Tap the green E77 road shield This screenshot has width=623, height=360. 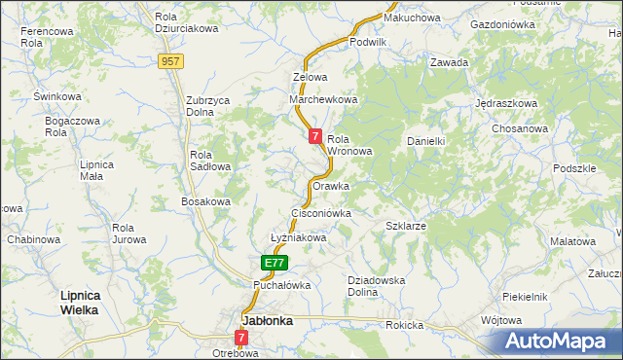point(275,263)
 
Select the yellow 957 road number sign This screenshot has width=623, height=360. point(171,61)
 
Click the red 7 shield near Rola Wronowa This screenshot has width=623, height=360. point(315,137)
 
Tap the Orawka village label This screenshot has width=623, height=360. point(331,185)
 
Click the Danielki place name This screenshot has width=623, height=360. point(425,141)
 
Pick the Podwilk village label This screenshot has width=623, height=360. point(368,42)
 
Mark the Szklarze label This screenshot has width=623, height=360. point(406,225)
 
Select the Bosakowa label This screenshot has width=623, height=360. point(205,201)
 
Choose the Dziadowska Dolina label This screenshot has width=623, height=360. point(376,286)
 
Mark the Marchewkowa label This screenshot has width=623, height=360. point(324,99)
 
